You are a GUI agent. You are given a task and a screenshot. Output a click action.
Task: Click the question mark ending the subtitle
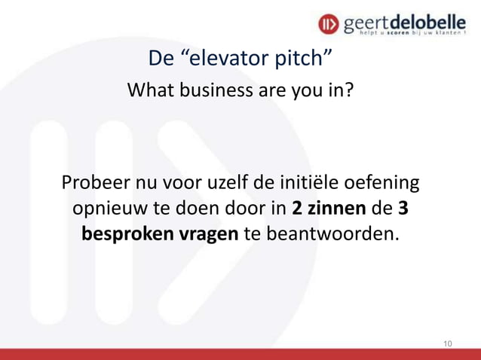[349, 92]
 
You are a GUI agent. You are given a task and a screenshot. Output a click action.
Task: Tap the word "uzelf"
[259, 184]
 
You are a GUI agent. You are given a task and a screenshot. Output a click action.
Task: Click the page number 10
[448, 343]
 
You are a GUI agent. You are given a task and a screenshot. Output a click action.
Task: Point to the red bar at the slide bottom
[240, 354]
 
